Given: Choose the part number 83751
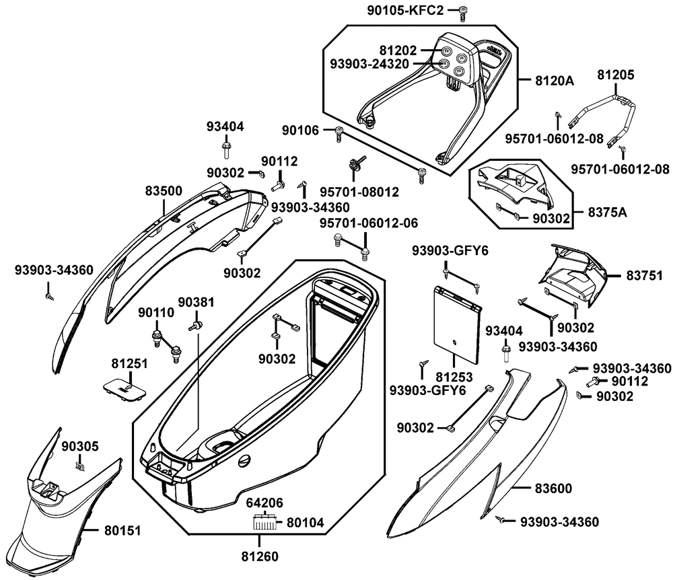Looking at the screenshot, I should point(645,275).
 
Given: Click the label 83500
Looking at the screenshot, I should point(163,191).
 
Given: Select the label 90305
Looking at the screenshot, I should point(80,446).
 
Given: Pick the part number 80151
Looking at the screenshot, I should point(122,531).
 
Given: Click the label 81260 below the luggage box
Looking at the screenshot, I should point(258,556).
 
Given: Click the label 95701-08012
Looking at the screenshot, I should point(349,192).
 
